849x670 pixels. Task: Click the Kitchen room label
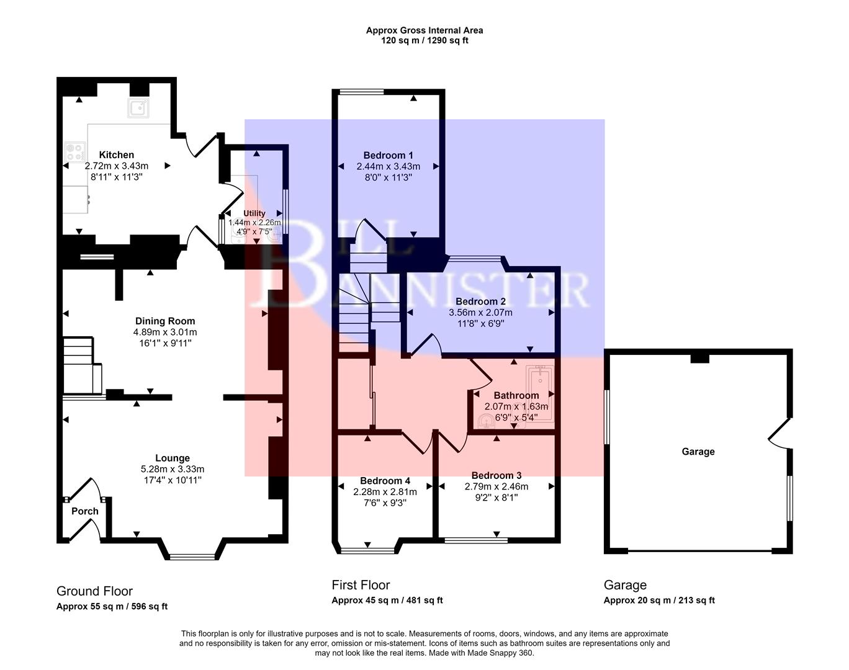point(117,155)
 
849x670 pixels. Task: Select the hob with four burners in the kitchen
point(75,152)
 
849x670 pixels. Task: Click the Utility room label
point(254,213)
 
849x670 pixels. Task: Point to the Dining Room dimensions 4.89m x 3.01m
point(165,333)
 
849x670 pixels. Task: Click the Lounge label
point(173,458)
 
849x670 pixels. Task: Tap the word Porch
point(85,511)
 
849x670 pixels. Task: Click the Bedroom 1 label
point(389,156)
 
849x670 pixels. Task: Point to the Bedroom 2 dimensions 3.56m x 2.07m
point(481,313)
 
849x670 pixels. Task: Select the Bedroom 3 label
point(496,476)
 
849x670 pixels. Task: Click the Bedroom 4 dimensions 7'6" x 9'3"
point(384,503)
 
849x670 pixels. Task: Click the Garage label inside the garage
point(698,452)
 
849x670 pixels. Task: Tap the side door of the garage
point(779,433)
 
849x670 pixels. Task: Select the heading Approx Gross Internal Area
point(424,30)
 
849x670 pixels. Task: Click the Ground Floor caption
point(94,591)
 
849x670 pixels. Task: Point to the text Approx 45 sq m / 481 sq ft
point(387,601)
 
